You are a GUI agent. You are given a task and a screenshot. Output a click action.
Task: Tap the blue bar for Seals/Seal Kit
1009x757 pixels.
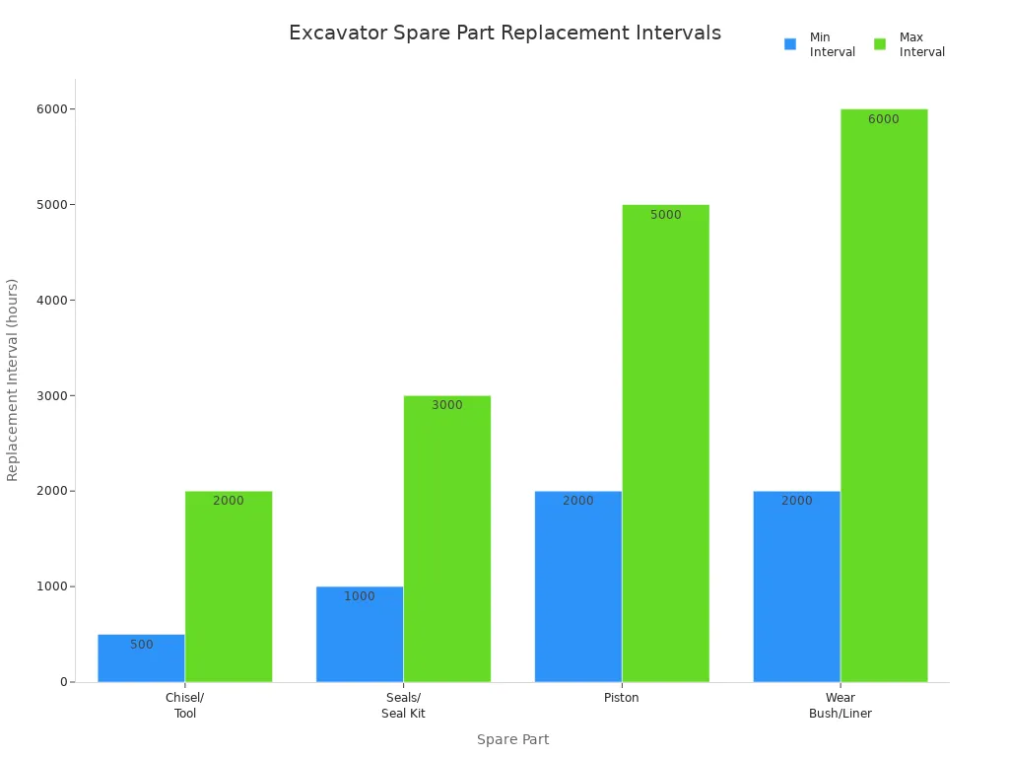360,635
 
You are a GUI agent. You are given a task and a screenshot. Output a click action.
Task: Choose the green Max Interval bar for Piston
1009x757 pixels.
665,444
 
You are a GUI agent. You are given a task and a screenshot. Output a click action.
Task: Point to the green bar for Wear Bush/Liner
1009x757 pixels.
884,395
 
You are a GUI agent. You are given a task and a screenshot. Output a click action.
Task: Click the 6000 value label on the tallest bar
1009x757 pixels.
884,119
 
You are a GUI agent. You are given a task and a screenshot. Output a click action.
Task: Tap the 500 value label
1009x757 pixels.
142,645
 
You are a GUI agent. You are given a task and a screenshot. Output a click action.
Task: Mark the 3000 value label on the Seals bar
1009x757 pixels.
447,405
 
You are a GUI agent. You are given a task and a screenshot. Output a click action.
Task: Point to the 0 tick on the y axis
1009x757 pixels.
62,682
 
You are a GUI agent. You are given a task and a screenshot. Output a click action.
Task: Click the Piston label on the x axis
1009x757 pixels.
622,698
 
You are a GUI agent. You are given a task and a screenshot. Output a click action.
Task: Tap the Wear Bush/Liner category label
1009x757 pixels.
841,706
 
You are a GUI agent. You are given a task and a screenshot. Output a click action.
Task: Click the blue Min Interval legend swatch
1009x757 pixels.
790,44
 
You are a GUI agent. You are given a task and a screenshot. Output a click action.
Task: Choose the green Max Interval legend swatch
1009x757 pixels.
880,44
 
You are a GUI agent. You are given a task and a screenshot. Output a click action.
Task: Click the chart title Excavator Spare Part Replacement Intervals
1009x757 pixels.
504,34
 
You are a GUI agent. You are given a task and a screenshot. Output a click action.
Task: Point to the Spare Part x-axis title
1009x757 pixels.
512,739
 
